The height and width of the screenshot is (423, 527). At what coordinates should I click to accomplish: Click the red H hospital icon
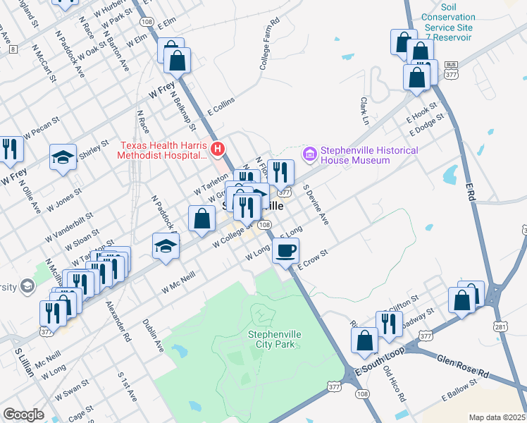click(x=218, y=149)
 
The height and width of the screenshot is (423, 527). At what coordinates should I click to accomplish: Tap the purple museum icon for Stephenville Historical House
click(x=309, y=153)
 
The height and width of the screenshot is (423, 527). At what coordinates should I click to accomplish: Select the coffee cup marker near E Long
click(x=285, y=251)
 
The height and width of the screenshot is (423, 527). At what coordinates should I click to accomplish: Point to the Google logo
click(x=23, y=415)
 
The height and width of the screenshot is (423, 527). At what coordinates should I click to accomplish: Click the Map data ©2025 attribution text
click(x=497, y=417)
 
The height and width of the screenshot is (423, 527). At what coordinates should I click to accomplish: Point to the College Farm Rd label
click(x=269, y=43)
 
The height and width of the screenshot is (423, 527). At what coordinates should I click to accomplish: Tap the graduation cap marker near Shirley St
click(x=63, y=157)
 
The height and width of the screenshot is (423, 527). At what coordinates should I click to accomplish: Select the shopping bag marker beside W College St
click(x=201, y=219)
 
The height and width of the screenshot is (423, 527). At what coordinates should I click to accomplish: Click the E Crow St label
click(x=313, y=259)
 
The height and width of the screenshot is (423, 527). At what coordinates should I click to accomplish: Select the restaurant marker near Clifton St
click(x=389, y=323)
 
